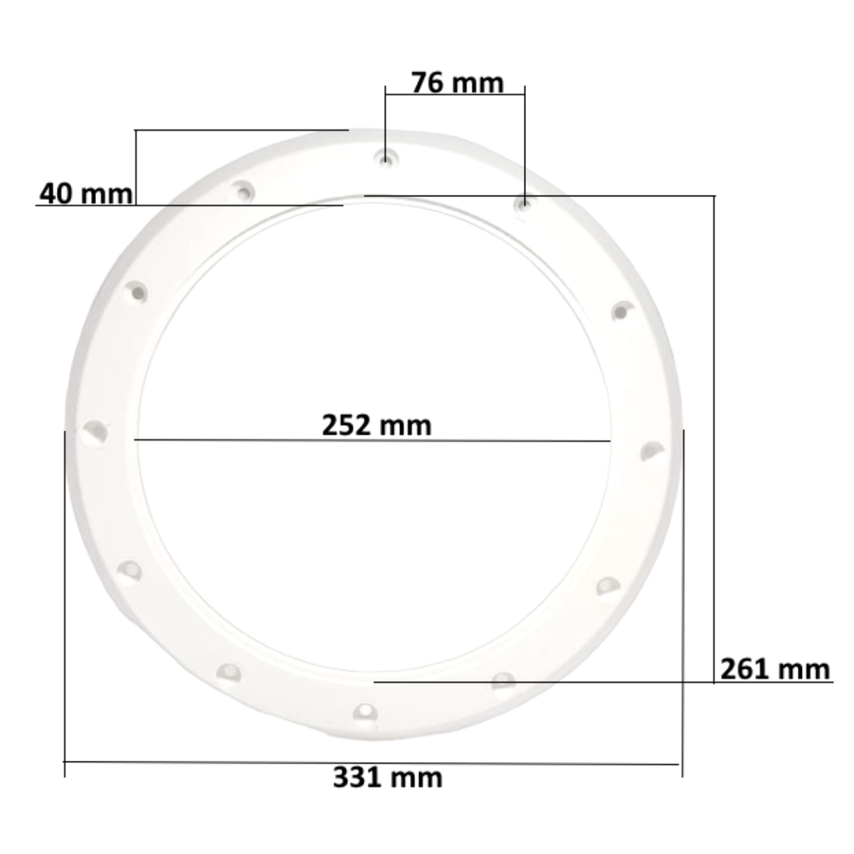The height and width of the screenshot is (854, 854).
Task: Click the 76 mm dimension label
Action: [x=457, y=83]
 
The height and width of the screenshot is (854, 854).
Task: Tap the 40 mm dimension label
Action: [x=85, y=193]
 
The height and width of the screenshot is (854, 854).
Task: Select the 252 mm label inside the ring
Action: [x=376, y=425]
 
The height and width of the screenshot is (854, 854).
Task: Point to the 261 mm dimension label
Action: [x=774, y=669]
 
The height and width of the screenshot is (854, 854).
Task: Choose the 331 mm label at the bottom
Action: [x=387, y=777]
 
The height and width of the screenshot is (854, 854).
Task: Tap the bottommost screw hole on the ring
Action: [x=364, y=712]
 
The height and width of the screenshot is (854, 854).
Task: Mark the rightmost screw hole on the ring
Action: [x=650, y=451]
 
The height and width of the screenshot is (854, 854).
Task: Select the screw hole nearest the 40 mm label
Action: [x=243, y=191]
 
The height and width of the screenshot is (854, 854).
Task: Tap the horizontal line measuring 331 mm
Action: [x=370, y=763]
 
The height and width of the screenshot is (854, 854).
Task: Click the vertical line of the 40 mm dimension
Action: [x=135, y=167]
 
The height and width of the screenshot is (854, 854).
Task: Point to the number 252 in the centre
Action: [x=347, y=425]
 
